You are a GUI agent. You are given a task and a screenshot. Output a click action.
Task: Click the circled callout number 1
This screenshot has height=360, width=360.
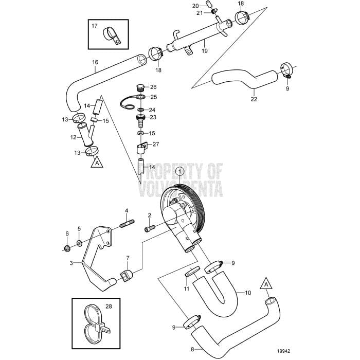point(179,171)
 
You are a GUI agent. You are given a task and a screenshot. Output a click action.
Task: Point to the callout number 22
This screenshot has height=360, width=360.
point(253,99)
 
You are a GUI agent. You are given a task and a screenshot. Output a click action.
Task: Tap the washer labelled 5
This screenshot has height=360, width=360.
point(79,243)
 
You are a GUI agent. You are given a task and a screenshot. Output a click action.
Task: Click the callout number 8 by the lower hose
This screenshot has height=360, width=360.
point(193,349)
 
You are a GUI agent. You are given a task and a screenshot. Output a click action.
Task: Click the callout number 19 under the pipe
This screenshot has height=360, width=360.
point(204,51)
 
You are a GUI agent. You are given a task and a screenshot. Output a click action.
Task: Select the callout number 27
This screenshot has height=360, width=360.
point(156,145)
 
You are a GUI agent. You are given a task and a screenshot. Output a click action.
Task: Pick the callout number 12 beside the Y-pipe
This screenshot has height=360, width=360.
point(73,137)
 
